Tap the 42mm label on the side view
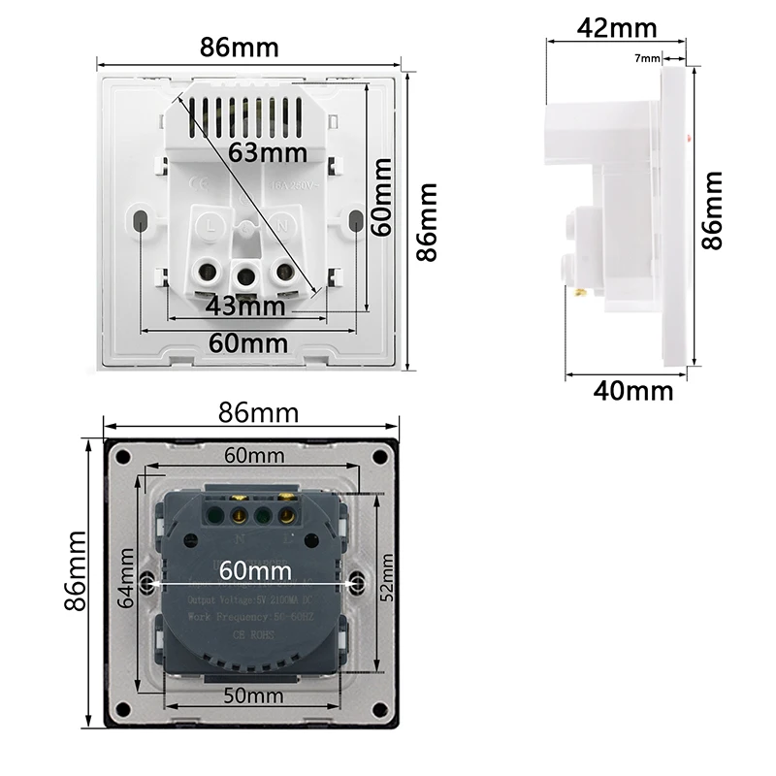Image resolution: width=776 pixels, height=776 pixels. coord(617,28)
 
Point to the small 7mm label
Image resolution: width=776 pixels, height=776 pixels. coord(647,58)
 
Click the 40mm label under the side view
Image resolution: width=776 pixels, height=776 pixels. coord(632,391)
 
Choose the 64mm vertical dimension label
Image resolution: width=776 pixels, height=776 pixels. coord(127,578)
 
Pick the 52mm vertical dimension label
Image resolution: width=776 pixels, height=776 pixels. coord(387,579)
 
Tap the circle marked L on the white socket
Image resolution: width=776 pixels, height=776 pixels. coord(211,225)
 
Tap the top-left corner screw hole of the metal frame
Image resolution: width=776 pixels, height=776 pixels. coord(123,458)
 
